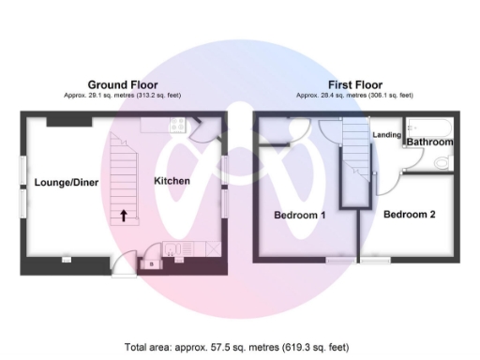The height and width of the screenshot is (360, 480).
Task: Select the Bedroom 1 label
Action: (x=299, y=215)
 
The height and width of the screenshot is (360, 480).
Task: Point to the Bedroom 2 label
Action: (x=410, y=214)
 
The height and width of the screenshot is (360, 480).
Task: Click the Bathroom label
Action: (x=430, y=142)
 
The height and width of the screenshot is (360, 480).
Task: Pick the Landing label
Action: (x=387, y=135)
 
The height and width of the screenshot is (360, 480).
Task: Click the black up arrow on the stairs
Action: (x=123, y=215)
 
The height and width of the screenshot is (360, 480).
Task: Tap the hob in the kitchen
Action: (x=176, y=127)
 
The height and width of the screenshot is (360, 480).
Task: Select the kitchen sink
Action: (x=172, y=248)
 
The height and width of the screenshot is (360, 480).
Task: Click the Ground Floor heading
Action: (x=122, y=83)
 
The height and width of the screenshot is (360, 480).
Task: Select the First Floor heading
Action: (x=353, y=83)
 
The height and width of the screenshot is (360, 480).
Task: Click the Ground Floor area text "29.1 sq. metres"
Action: (x=106, y=95)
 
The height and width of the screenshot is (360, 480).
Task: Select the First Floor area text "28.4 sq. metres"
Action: (x=339, y=95)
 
